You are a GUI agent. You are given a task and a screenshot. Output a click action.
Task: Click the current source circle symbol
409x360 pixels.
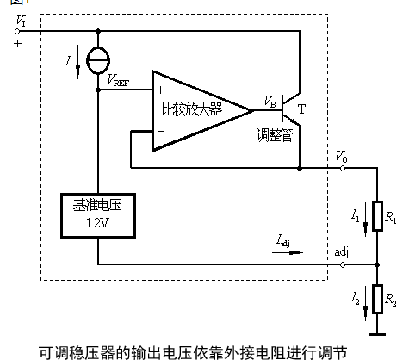click(x=100, y=64)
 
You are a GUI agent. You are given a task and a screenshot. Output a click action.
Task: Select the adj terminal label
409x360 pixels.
click(x=342, y=251)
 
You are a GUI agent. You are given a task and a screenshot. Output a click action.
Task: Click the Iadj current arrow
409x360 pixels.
click(x=291, y=253)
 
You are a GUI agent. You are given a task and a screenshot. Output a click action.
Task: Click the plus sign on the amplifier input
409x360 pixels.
click(x=160, y=89)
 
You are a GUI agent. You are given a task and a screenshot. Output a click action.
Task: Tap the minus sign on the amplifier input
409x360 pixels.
click(x=160, y=131)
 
